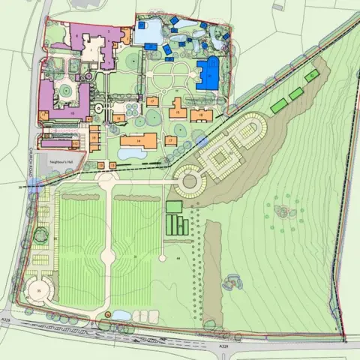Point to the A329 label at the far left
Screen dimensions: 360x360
(x=5, y=319)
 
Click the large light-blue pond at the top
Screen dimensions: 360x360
(x=145, y=31)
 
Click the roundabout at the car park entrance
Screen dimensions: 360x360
(x=189, y=180)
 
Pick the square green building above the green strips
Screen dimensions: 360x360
(x=174, y=206)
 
